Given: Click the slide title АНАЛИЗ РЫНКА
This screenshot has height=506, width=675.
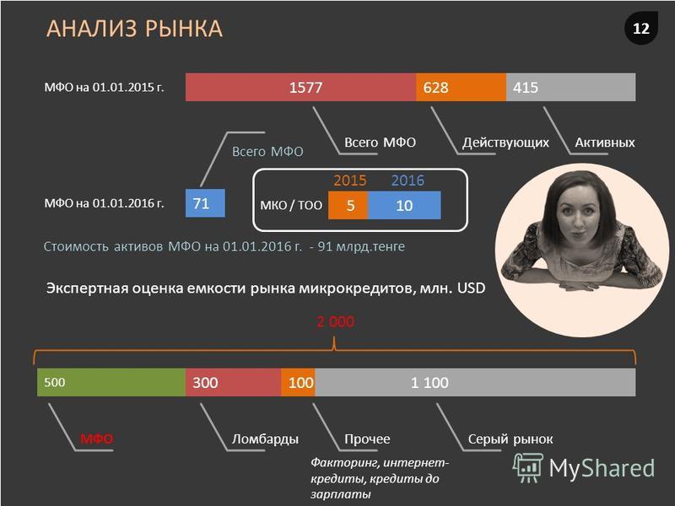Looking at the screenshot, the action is tap(134, 29).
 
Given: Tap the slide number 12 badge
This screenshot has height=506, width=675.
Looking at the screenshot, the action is tap(641, 29).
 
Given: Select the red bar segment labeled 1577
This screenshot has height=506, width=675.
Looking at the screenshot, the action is tap(300, 88).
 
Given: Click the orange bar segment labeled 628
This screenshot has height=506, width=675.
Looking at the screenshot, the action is tap(461, 88).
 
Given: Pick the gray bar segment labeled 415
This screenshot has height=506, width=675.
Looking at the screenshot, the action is tap(571, 88).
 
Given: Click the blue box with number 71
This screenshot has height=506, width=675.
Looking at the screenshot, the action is tap(205, 203).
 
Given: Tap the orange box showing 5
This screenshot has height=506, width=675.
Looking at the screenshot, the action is tap(348, 205).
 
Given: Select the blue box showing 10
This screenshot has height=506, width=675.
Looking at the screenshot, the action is tap(404, 205).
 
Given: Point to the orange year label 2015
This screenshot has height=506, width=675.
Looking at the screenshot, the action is tap(350, 180).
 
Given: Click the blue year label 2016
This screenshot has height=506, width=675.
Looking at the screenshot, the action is tap(408, 180).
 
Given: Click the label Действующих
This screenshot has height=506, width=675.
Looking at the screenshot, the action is tap(505, 143).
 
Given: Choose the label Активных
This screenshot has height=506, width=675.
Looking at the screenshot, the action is tap(605, 143).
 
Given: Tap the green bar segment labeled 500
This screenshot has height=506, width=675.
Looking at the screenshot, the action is tap(111, 383).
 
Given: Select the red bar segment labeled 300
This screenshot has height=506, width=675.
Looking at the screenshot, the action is tap(234, 383).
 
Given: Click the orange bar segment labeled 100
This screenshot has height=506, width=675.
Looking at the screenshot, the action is tap(298, 383).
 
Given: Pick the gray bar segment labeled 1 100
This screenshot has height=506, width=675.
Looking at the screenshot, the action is tap(475, 383).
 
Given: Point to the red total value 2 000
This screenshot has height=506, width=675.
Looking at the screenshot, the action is tap(335, 321).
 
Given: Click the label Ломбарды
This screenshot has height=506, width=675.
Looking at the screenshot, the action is tap(265, 439).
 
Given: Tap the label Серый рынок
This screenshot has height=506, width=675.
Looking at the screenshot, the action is tap(510, 439).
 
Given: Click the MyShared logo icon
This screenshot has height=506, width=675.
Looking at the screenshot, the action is tap(528, 468).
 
